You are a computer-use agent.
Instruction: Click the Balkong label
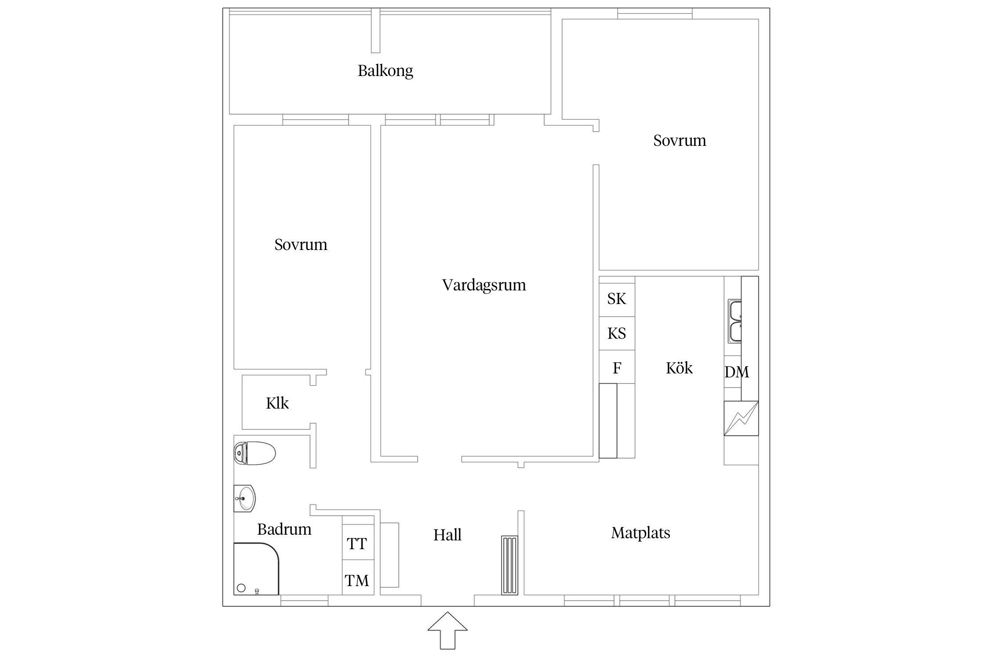[385, 71]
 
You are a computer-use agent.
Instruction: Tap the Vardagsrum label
[484, 285]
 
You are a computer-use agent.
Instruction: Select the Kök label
[679, 368]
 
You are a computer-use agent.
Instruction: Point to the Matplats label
[640, 533]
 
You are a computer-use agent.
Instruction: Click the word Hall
[447, 535]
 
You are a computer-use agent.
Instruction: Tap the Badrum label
[284, 529]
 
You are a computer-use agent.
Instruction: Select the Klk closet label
[277, 403]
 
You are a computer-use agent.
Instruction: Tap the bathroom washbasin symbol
[244, 499]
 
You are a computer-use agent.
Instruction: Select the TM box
[357, 580]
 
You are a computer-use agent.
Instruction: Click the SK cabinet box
[616, 299]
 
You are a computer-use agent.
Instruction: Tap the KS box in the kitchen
[616, 333]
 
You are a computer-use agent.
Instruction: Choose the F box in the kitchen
[616, 368]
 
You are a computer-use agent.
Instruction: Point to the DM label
[736, 372]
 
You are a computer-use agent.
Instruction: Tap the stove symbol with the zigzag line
[741, 418]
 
